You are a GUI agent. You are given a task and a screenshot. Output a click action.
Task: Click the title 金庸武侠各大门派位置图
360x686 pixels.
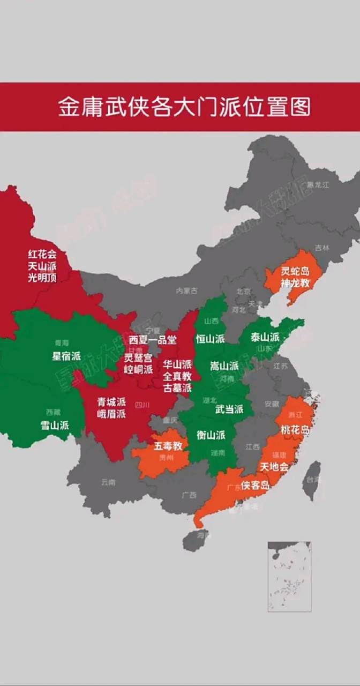pos(184,107)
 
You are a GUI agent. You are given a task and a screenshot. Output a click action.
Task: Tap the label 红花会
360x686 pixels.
pos(42,254)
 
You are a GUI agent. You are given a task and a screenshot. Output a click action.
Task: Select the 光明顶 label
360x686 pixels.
pos(42,278)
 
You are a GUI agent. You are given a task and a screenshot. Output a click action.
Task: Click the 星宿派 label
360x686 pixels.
pos(66,356)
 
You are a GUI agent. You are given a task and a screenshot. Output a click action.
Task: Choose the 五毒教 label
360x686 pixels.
pos(168,445)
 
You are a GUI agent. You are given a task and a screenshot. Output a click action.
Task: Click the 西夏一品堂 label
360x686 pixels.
pos(152,339)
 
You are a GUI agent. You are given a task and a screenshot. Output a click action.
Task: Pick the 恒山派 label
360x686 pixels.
pos(210,339)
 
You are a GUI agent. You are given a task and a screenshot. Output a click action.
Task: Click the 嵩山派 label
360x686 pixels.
pos(224,366)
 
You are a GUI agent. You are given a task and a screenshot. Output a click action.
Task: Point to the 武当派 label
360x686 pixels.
pos(229,409)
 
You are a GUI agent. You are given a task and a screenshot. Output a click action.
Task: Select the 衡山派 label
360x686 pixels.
pos(211,435)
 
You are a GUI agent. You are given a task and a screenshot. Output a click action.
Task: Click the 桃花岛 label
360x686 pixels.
pos(295,429)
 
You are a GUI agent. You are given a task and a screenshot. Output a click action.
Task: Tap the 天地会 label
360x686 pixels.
pos(274,467)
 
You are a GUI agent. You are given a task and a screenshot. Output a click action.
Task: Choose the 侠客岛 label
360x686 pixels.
pos(255,485)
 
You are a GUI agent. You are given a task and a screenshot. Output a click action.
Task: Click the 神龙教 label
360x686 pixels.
pos(295,284)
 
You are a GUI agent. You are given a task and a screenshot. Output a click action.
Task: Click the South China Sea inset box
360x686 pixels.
pos(289,576)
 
